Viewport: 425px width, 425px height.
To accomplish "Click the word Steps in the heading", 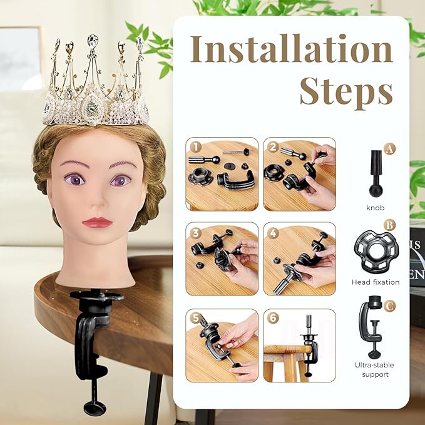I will click(346, 91).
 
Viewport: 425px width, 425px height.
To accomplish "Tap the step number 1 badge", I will click(195, 147).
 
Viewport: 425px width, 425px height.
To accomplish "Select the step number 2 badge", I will click(273, 147).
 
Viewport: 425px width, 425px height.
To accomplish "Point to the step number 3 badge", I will click(195, 232).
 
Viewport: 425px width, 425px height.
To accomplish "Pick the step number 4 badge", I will click(273, 232).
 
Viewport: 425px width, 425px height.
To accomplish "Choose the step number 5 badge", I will click(195, 318).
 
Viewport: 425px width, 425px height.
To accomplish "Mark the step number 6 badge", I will click(273, 318).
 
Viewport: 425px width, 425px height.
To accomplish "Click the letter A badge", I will click(390, 149).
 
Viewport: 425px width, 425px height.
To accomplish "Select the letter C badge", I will click(390, 306).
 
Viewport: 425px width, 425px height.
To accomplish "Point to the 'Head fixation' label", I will click(375, 282).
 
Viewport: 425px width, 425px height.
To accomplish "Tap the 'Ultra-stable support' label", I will click(375, 369).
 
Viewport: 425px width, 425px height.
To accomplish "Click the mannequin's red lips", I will click(97, 222).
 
